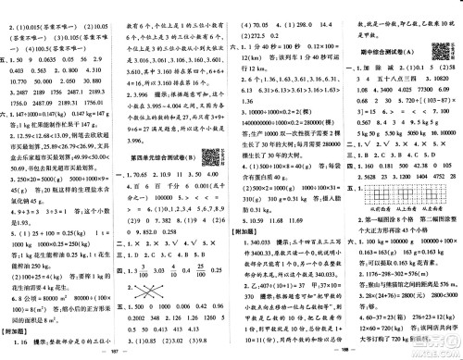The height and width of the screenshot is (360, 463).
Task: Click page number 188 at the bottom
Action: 344,353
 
